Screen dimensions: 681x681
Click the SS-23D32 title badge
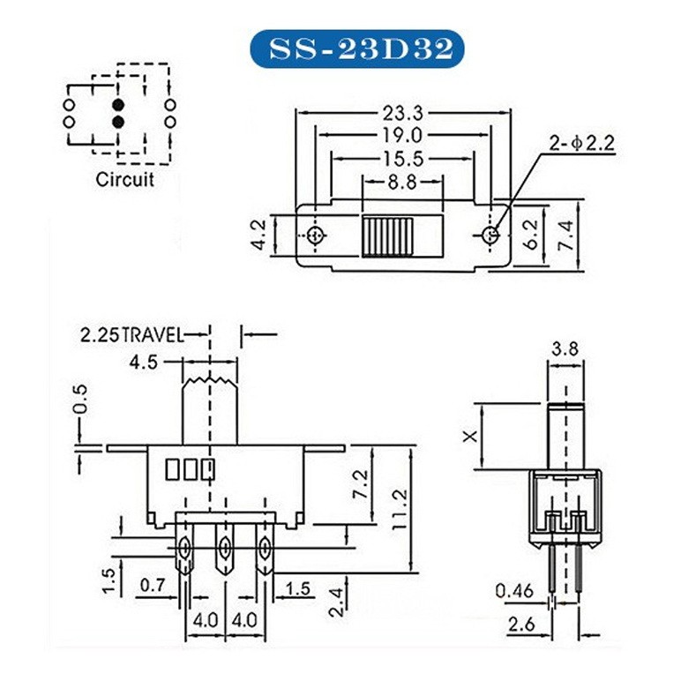(x=357, y=49)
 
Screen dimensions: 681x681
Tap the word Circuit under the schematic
(x=124, y=179)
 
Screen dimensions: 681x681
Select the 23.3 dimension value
(x=402, y=114)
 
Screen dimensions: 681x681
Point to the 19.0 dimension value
(x=402, y=136)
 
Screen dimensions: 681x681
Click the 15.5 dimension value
(x=403, y=159)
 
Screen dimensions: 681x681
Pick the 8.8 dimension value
(x=402, y=182)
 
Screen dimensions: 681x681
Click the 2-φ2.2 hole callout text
(x=582, y=143)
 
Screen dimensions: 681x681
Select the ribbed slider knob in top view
(x=387, y=236)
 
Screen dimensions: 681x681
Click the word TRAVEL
(x=152, y=335)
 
